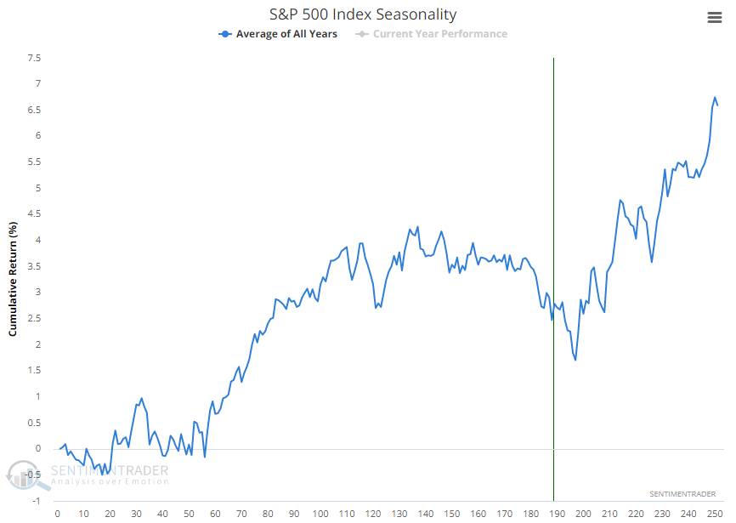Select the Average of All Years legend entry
278,34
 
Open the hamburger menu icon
714,17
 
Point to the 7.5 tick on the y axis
34,58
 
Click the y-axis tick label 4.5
34,214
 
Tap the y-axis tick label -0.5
33,475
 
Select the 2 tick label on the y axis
38,344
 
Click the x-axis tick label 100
320,514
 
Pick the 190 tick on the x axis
558,514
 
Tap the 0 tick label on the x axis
57,514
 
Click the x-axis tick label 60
215,514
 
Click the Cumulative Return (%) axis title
14,279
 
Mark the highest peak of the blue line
715,98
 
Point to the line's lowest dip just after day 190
575,360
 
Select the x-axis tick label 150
452,514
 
